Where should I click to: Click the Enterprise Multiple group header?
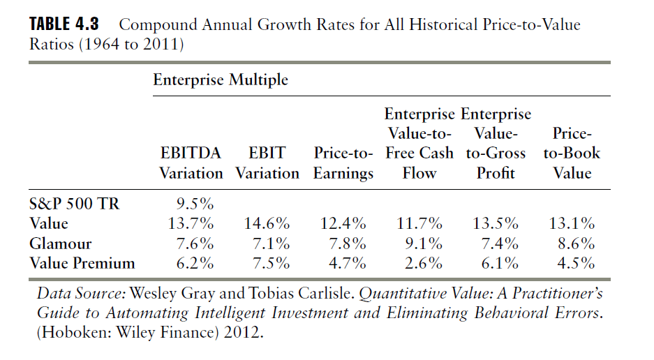point(221,80)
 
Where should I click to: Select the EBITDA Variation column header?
point(191,163)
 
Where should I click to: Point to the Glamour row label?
point(61,244)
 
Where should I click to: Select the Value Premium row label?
point(82,264)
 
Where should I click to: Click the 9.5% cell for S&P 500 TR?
point(195,204)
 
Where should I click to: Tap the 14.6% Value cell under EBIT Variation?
point(267,224)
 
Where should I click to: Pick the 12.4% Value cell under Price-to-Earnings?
point(343,224)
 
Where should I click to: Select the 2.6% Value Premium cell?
point(423,264)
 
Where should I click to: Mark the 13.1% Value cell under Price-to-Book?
point(572,224)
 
